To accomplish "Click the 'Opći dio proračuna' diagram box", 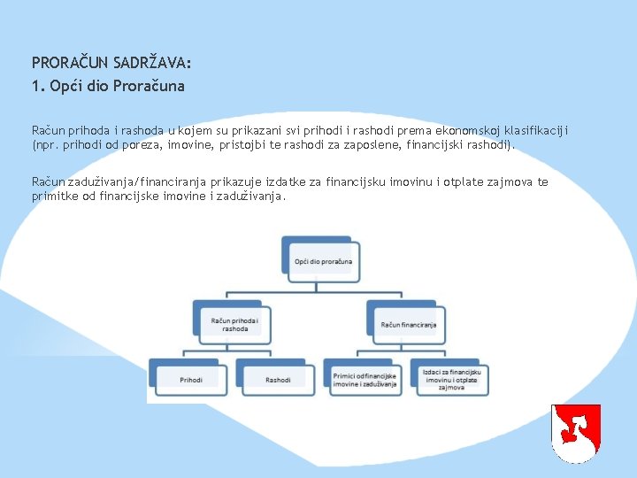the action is tap(323, 261).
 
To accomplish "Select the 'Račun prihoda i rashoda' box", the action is tap(234, 323).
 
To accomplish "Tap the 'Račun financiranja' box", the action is tap(408, 324).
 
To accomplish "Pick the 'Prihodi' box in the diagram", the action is tap(191, 380).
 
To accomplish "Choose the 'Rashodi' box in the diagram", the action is tap(278, 380).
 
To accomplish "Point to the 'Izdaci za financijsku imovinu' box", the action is tap(451, 380).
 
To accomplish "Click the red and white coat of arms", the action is tap(575, 432).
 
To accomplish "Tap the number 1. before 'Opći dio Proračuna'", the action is tap(37, 87).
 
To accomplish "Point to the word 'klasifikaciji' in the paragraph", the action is tap(537, 130).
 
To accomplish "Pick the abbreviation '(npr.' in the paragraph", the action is tap(46, 144).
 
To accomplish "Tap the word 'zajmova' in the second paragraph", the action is tap(510, 182).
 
